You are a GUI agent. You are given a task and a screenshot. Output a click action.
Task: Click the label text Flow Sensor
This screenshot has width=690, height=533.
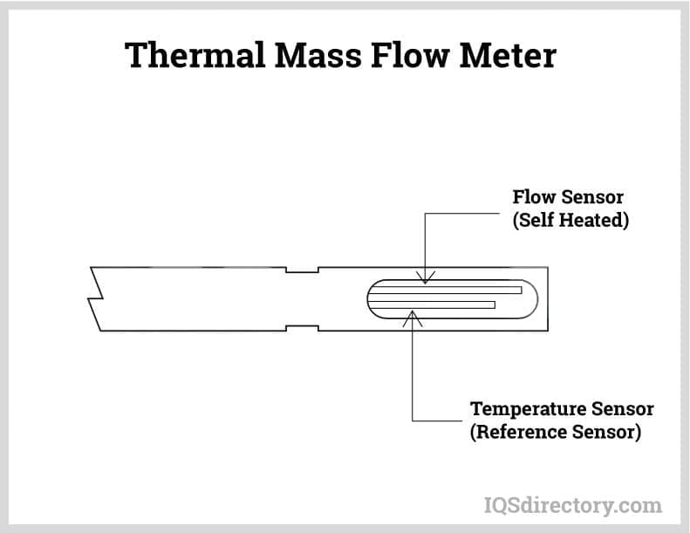tap(568, 197)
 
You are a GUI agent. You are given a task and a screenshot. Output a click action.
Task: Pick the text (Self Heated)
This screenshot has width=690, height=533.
tap(570, 220)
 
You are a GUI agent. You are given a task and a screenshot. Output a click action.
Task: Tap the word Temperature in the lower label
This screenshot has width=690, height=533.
tap(521, 409)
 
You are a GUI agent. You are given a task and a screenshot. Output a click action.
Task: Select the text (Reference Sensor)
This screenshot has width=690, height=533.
tap(556, 432)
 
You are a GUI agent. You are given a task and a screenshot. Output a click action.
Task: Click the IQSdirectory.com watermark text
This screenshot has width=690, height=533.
tap(572, 504)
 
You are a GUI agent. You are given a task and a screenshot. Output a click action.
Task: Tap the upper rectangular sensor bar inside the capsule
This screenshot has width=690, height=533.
tap(445, 290)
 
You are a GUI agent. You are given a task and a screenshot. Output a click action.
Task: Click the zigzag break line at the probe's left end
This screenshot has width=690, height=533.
tap(95, 298)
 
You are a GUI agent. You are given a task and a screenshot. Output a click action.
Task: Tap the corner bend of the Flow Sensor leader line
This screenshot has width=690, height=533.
tap(424, 214)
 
